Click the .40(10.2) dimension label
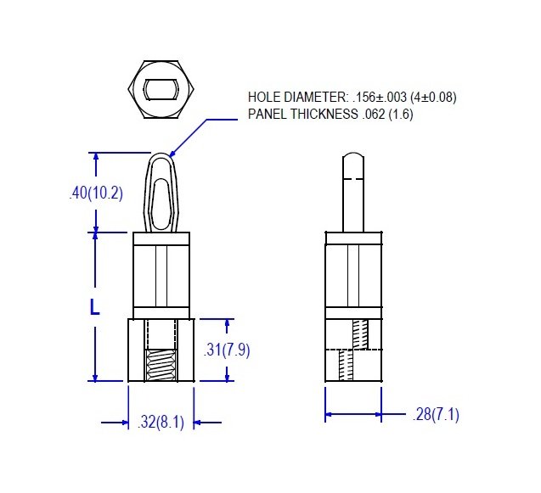click(x=96, y=193)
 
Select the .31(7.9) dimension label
click(x=226, y=350)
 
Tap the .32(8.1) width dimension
click(x=161, y=422)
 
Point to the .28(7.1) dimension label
click(x=436, y=414)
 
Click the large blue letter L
click(x=94, y=307)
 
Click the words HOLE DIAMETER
click(x=298, y=98)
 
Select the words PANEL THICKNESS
click(x=303, y=114)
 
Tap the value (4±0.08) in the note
click(x=433, y=98)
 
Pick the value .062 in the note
click(x=374, y=114)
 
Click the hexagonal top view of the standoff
click(x=161, y=90)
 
